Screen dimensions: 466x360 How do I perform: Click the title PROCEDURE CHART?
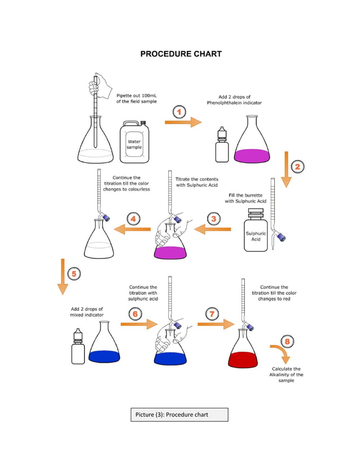point(181,54)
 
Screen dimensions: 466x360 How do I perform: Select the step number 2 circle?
point(297,166)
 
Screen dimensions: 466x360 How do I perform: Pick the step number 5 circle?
point(73,274)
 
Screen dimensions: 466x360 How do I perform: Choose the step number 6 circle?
point(134,314)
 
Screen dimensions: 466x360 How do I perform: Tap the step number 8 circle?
point(287,341)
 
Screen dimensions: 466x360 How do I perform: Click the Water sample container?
point(134,143)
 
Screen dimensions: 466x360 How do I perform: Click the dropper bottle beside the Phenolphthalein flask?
point(222,145)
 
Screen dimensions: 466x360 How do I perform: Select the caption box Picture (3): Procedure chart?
point(179,415)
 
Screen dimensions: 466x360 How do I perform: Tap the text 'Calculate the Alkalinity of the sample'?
point(287,375)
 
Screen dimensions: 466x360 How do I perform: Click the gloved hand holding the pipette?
point(98,86)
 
